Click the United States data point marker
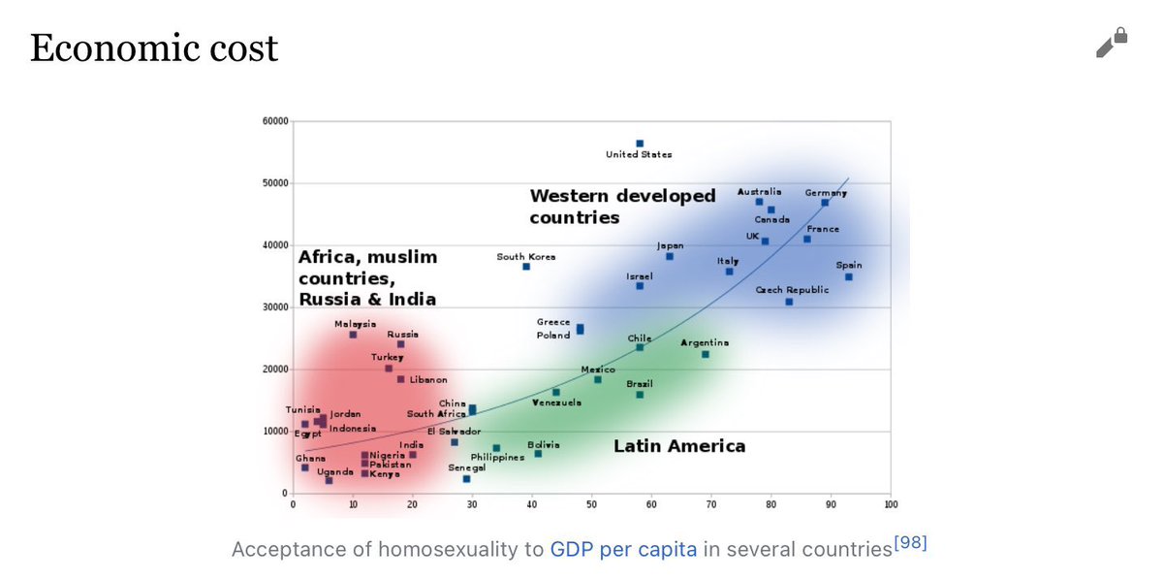(x=640, y=144)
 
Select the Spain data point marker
(x=849, y=277)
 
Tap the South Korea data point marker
(x=526, y=267)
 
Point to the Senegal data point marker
(x=466, y=479)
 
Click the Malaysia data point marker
(x=353, y=335)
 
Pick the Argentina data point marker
(x=706, y=355)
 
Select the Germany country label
(x=826, y=193)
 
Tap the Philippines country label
(x=498, y=457)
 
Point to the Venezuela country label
(x=556, y=402)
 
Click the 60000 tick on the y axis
(x=274, y=121)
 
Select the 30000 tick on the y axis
(x=274, y=307)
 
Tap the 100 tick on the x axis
(x=891, y=504)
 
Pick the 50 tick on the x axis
(x=591, y=504)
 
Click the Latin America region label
(x=679, y=446)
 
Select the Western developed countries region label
(x=622, y=207)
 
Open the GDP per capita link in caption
(x=623, y=550)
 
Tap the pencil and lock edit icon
(x=1112, y=44)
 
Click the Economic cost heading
(x=154, y=48)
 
